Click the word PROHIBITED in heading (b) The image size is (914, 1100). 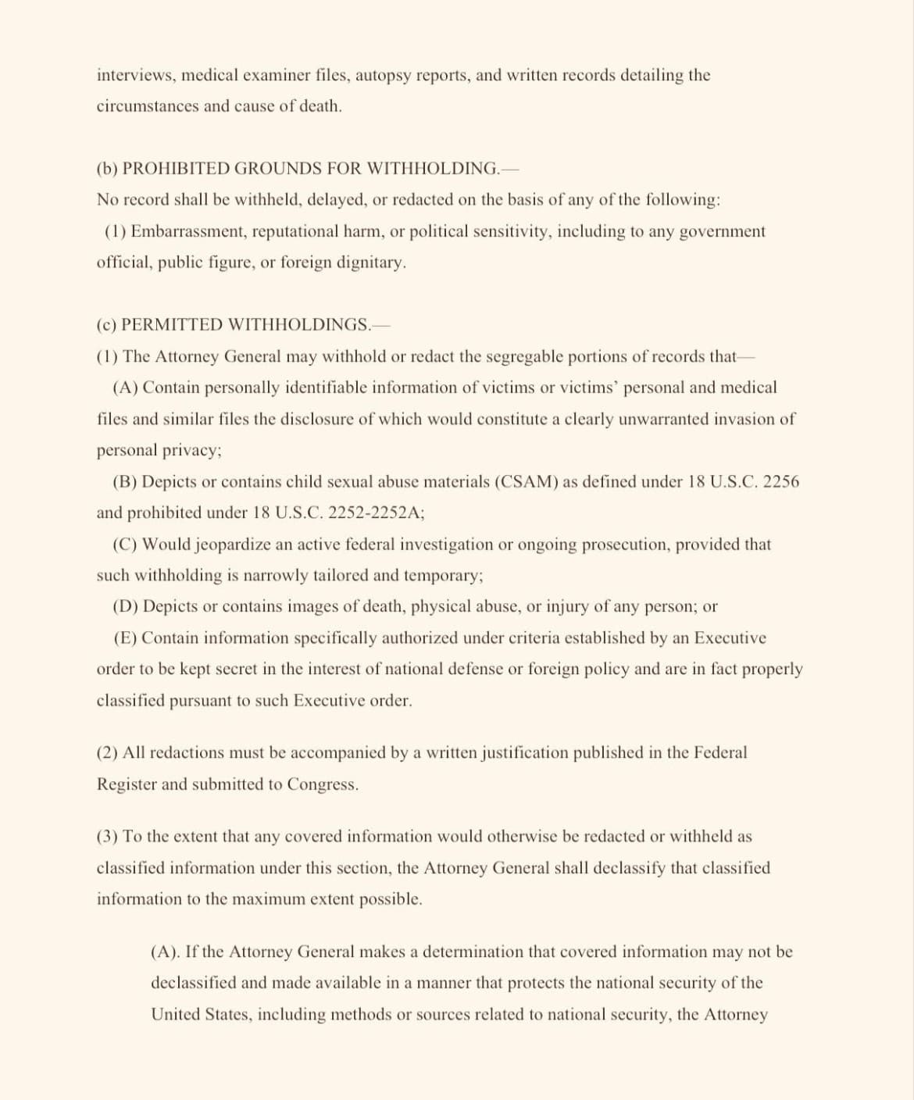[x=177, y=169]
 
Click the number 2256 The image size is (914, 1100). [x=780, y=481]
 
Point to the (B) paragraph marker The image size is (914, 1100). [x=125, y=481]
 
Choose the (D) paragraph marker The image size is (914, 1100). [x=126, y=606]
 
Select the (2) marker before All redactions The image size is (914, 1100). [x=107, y=752]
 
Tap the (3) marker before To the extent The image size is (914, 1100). [x=107, y=836]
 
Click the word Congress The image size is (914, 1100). [x=322, y=784]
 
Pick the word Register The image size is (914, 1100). [x=126, y=784]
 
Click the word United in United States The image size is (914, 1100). [x=175, y=1014]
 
